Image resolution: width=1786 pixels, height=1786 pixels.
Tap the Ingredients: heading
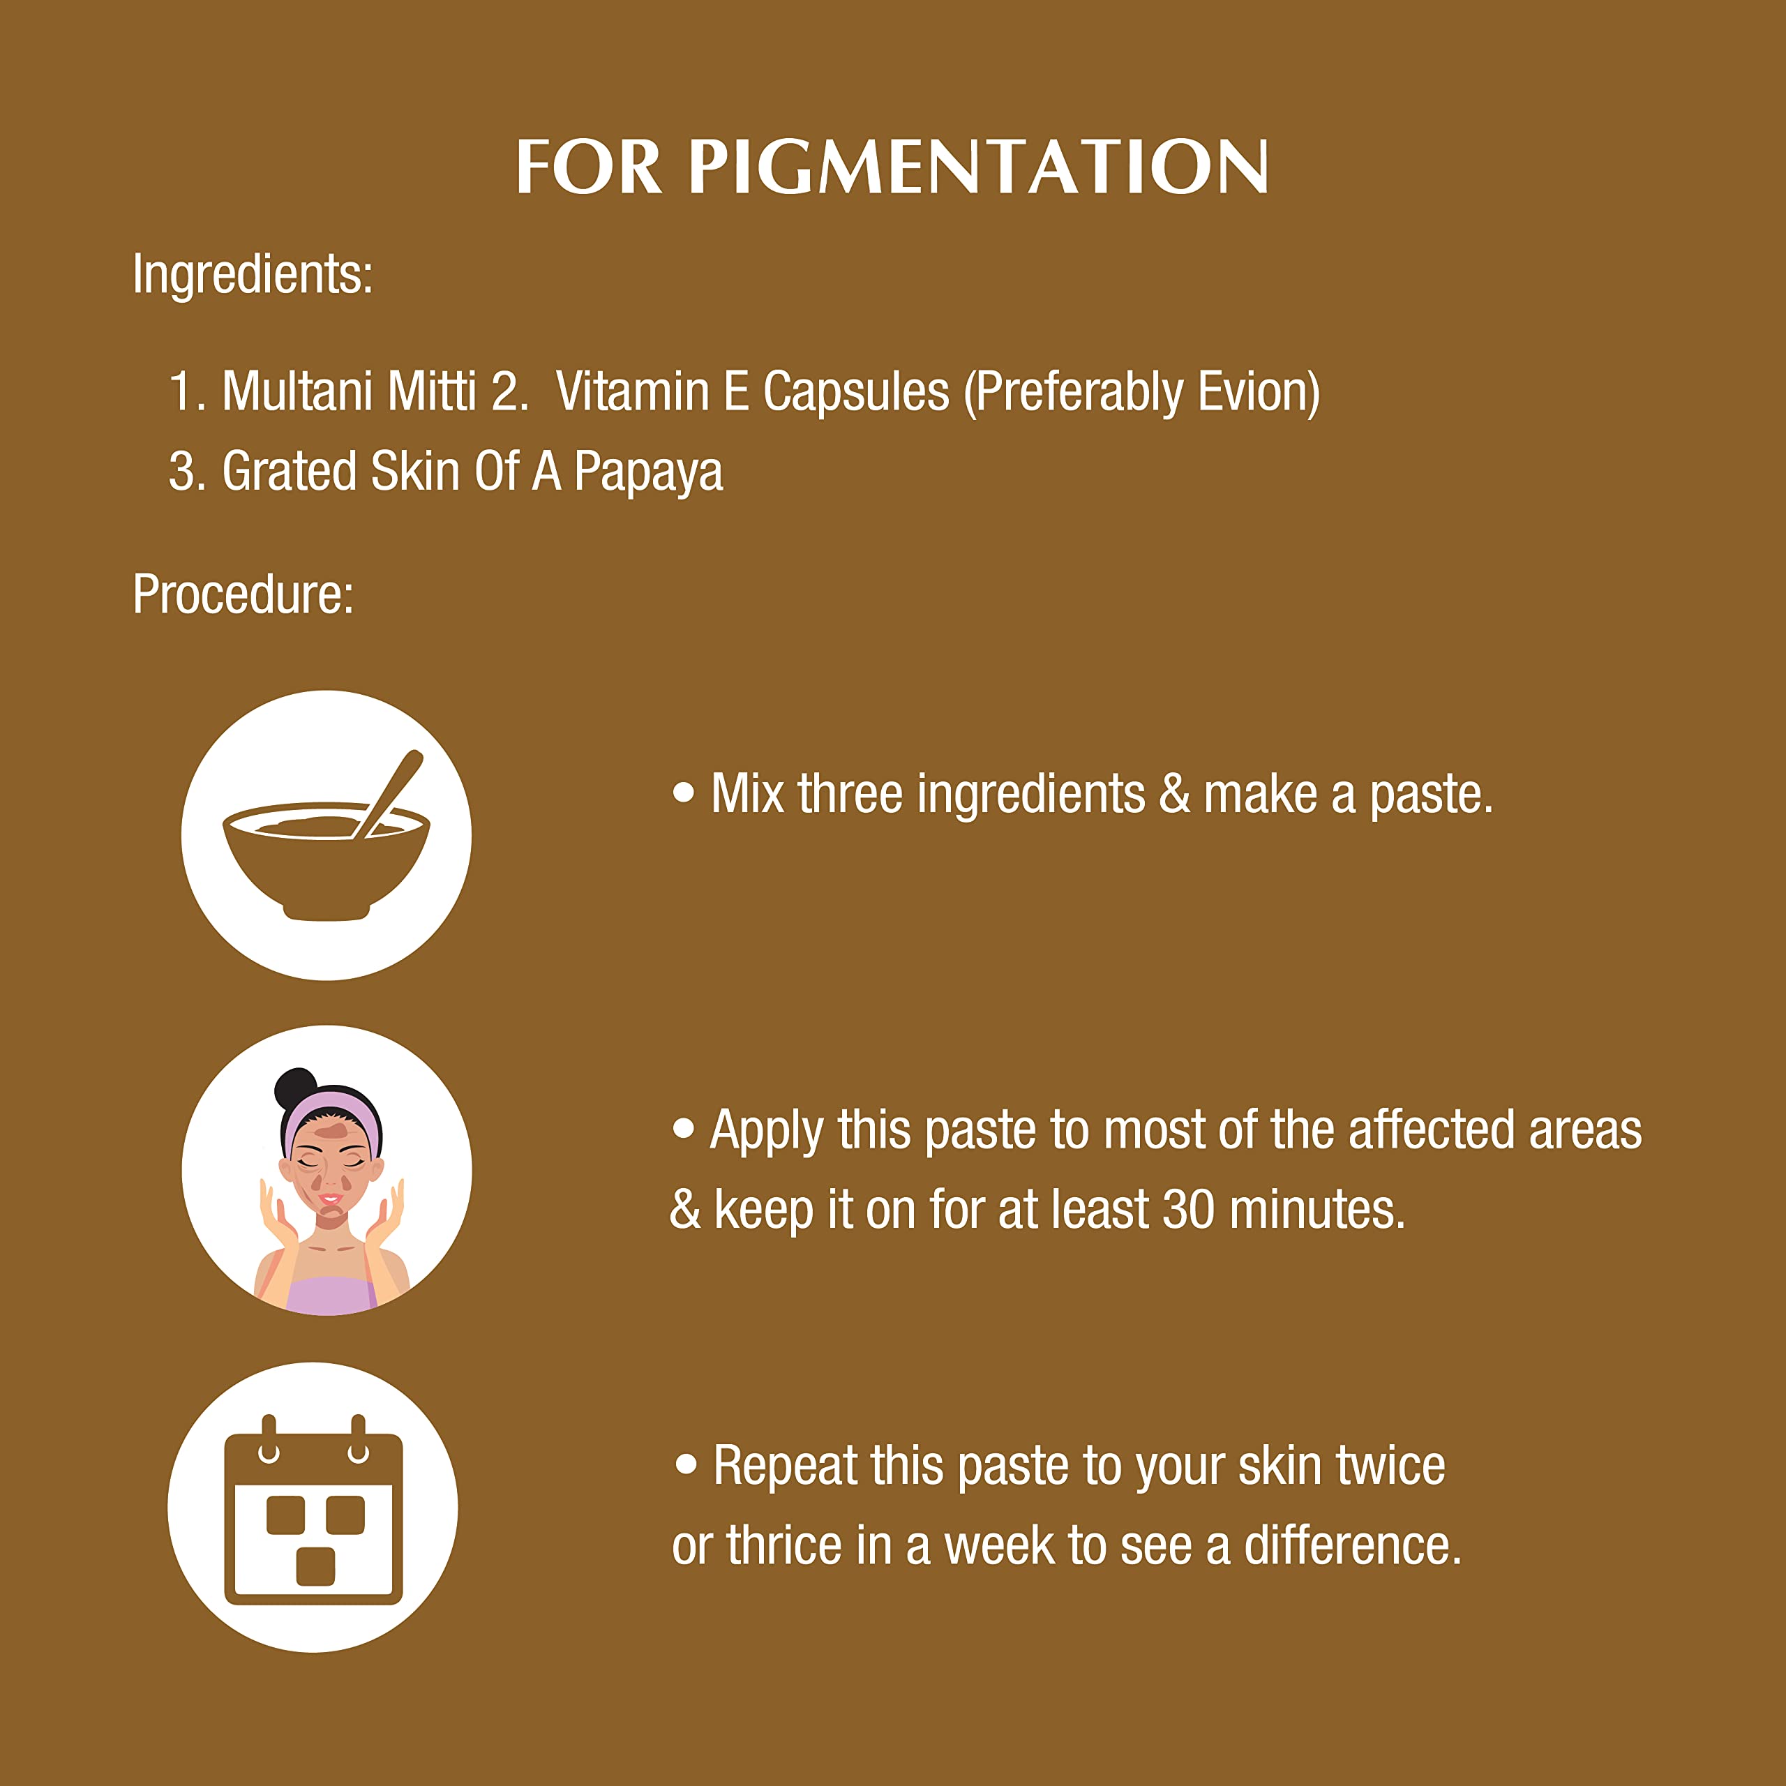coord(253,276)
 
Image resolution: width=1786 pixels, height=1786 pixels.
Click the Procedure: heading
coord(243,594)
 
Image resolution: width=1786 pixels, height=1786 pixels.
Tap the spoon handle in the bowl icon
coord(389,793)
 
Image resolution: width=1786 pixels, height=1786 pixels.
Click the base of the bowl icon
coord(327,913)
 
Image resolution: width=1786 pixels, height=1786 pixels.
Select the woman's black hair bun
coord(296,1089)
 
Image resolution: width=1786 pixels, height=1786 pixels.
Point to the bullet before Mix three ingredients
coord(683,793)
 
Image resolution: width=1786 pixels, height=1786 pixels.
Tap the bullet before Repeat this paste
coord(686,1464)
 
